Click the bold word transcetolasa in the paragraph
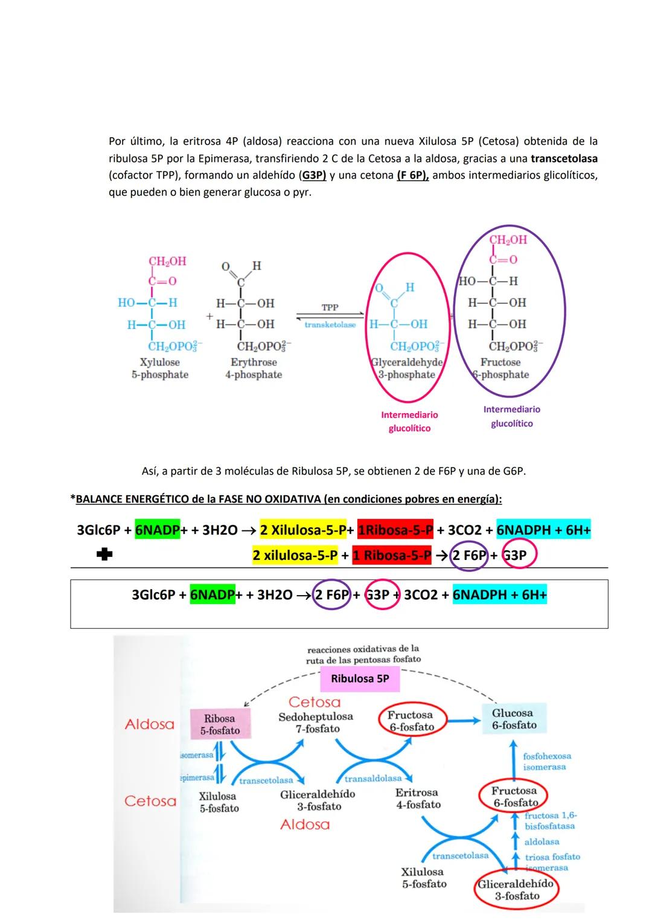(564, 159)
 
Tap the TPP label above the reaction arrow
(330, 307)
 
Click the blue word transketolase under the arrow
(330, 325)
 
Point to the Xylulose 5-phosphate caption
(160, 368)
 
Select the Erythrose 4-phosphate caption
(254, 368)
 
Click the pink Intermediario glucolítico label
(409, 422)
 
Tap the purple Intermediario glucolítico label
(511, 416)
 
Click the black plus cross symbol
(104, 555)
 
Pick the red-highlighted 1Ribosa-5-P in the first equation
(395, 530)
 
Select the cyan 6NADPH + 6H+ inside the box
(499, 595)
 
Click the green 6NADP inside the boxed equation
(212, 595)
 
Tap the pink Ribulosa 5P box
(360, 679)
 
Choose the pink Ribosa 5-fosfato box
(220, 724)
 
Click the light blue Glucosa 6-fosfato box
(514, 719)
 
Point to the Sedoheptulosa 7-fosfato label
(316, 722)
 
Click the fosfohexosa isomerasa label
(546, 761)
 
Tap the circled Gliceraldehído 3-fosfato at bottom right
(516, 889)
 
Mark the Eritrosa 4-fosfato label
(418, 798)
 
